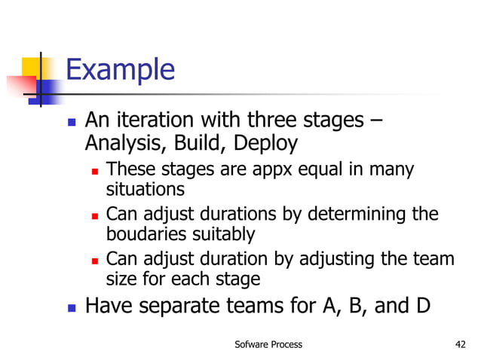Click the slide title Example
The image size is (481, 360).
[x=120, y=70]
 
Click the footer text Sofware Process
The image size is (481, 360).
[x=268, y=344]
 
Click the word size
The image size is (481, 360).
[x=123, y=279]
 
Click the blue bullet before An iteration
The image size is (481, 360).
[x=72, y=121]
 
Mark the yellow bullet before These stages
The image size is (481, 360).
[x=95, y=171]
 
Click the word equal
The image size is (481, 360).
[x=317, y=170]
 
